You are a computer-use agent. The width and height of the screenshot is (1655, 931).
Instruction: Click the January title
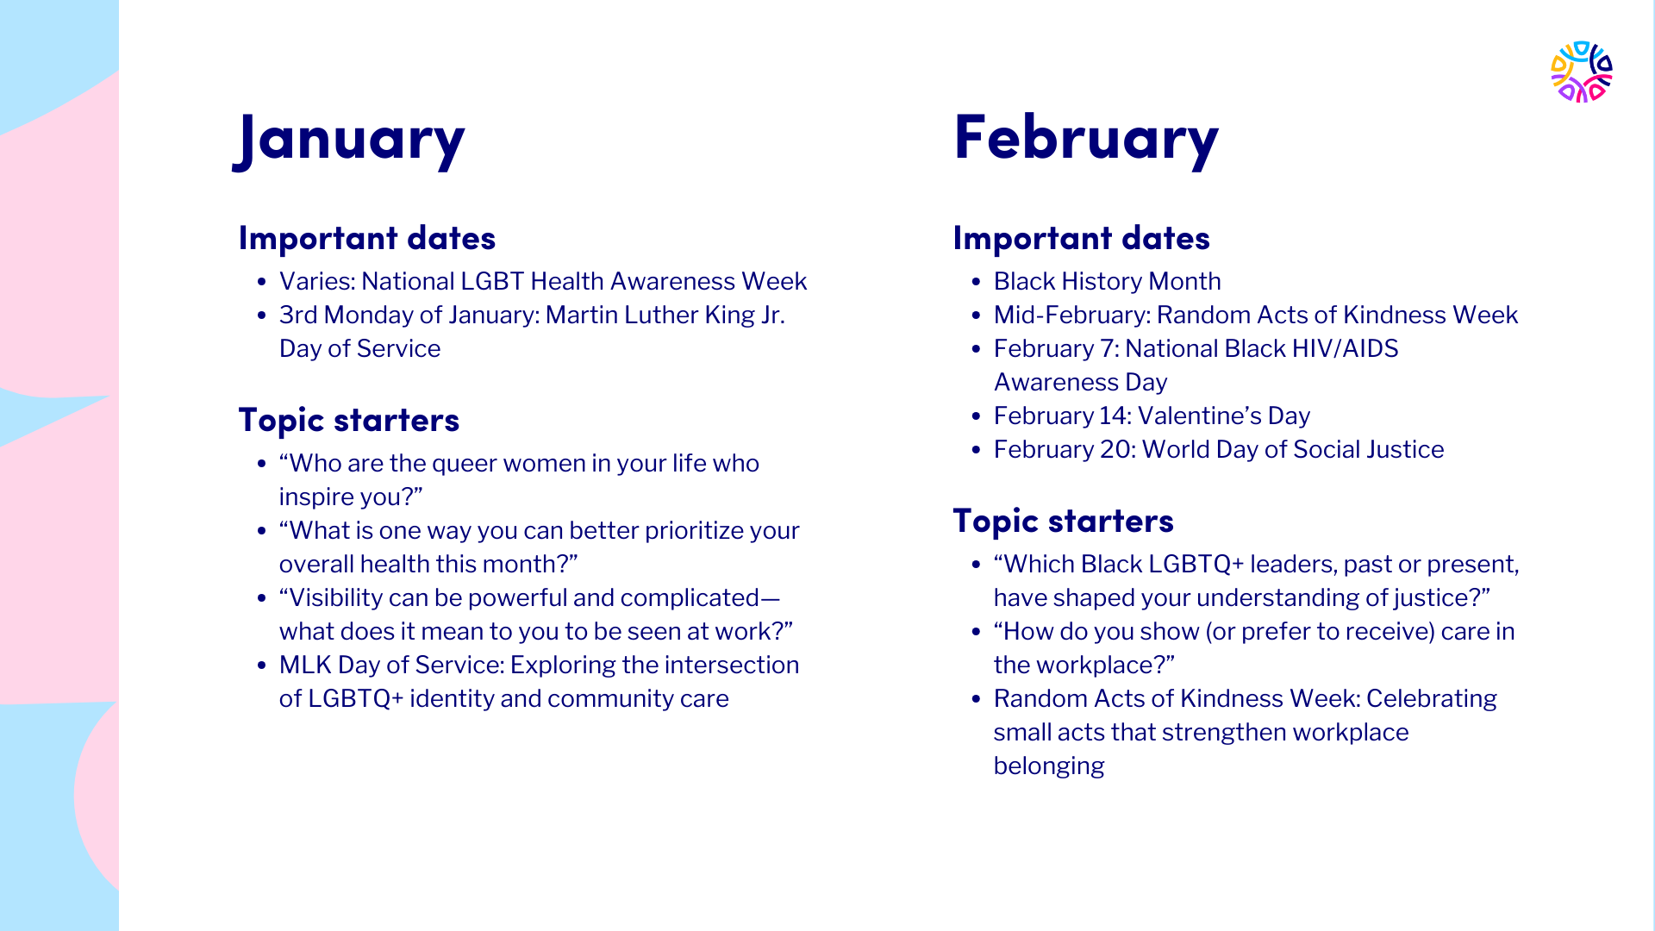tap(349, 138)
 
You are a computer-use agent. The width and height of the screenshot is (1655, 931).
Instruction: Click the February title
tap(1085, 138)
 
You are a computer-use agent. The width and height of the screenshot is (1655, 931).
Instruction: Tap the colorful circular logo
tap(1581, 72)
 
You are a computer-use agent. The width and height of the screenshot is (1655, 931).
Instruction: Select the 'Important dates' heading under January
tap(366, 238)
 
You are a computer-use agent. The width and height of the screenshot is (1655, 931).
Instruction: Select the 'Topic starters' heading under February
tap(1063, 521)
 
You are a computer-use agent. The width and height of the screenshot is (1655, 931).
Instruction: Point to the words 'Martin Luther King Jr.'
tap(665, 316)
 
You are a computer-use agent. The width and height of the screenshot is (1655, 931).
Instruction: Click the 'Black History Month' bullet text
tap(1107, 282)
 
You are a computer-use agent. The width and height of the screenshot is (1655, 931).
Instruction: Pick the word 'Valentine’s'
tap(1200, 416)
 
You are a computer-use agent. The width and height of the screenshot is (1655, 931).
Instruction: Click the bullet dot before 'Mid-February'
tap(976, 316)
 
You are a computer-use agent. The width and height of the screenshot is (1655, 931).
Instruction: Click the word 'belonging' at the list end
tap(1048, 766)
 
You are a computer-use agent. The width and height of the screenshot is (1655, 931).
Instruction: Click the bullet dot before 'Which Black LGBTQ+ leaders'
tap(976, 565)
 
